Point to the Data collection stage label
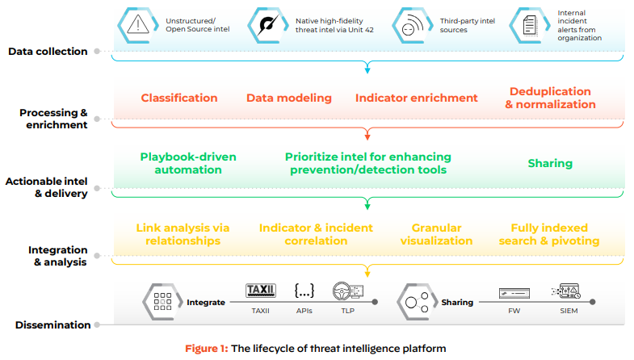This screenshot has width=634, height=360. pos(48,52)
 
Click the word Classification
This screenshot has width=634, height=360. pos(179,98)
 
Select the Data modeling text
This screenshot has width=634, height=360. pos(289,98)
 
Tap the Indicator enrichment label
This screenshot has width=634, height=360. pos(417,98)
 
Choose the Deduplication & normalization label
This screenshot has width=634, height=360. pos(550,98)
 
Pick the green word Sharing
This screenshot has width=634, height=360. pos(550,163)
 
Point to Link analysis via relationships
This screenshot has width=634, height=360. pos(183,234)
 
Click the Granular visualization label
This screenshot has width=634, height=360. pos(436,234)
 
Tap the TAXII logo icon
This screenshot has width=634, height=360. pos(260,290)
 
